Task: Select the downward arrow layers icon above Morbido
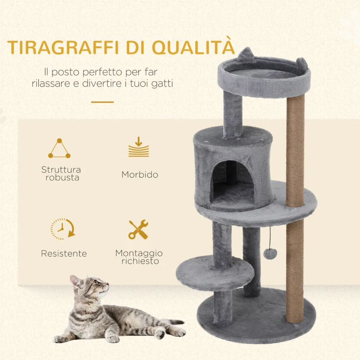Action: (138, 148)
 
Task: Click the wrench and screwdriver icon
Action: (138, 229)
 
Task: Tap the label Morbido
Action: (139, 175)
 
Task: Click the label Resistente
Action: (64, 254)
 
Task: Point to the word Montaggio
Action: (139, 253)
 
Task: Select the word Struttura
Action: (61, 170)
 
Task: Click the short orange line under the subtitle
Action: (102, 102)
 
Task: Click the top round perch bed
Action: (263, 73)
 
